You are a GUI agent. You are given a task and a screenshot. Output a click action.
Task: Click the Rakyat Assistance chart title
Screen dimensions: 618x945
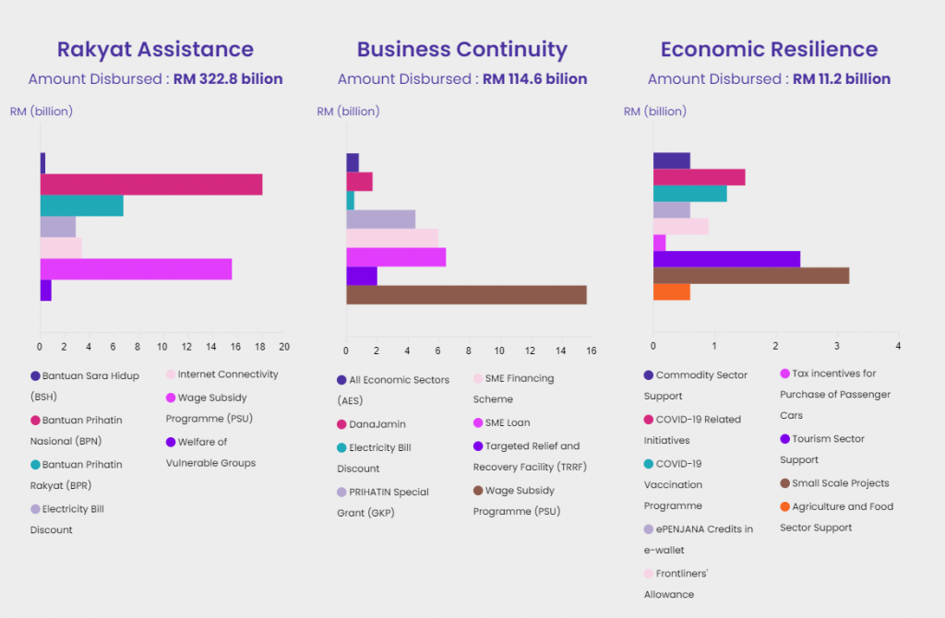[x=155, y=50]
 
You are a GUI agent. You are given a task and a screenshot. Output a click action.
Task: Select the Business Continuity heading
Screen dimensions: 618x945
[x=461, y=50]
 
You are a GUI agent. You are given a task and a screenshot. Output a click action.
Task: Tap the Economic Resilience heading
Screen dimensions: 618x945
[x=769, y=50]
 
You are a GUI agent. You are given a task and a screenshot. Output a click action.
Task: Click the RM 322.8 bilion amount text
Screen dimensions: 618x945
[x=228, y=79]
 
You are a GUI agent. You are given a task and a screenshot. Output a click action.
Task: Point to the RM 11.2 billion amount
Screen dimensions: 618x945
[x=842, y=79]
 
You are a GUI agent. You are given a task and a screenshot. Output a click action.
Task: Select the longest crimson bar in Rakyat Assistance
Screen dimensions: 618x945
[x=150, y=184]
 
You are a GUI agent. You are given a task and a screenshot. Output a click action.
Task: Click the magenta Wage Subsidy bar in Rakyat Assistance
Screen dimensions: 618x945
[x=136, y=269]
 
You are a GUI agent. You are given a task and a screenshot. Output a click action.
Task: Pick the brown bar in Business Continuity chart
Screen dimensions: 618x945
[x=466, y=295]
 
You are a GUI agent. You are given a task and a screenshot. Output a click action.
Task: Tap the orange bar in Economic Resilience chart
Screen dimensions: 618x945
[x=671, y=291]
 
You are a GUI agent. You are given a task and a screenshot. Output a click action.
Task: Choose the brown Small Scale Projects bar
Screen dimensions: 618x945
[x=750, y=275]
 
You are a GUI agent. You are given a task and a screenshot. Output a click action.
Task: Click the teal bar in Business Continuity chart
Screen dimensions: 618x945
[x=350, y=200]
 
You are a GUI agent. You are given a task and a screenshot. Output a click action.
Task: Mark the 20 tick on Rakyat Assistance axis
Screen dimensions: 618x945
[x=284, y=347]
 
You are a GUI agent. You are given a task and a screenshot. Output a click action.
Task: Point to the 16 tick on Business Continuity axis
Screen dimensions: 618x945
[x=591, y=351]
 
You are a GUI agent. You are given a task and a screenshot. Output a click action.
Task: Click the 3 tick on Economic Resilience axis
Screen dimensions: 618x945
[x=837, y=347]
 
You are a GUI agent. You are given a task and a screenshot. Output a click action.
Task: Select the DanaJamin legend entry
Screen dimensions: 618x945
[x=372, y=424]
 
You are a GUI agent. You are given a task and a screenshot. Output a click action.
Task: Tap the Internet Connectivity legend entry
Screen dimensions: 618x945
[x=227, y=374]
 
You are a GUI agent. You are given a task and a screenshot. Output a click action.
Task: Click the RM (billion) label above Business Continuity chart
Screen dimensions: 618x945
[x=348, y=112]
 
